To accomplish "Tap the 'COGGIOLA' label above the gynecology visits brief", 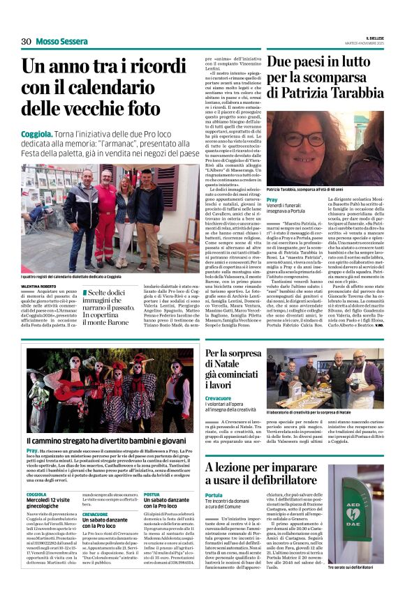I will click(36, 494).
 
